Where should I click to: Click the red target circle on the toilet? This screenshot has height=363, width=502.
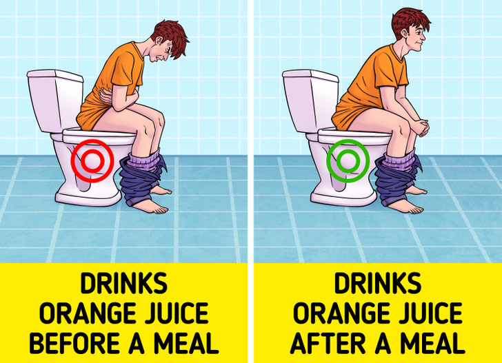(72, 161)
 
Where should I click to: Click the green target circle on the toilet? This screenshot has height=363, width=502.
(328, 161)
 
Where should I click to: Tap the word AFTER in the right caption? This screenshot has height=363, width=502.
(328, 343)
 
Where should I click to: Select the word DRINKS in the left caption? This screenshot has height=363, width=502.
(123, 283)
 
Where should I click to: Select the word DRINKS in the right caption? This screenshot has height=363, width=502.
(378, 283)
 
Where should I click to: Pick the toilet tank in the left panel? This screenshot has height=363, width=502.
(55, 100)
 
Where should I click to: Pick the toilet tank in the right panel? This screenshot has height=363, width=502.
(310, 100)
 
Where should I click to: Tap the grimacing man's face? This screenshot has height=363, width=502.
(163, 51)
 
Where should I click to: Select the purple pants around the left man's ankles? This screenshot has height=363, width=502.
(143, 178)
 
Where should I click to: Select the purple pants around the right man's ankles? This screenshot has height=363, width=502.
(396, 178)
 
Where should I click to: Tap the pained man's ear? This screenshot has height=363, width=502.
(158, 41)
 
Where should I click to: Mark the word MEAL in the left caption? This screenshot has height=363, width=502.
(186, 343)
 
